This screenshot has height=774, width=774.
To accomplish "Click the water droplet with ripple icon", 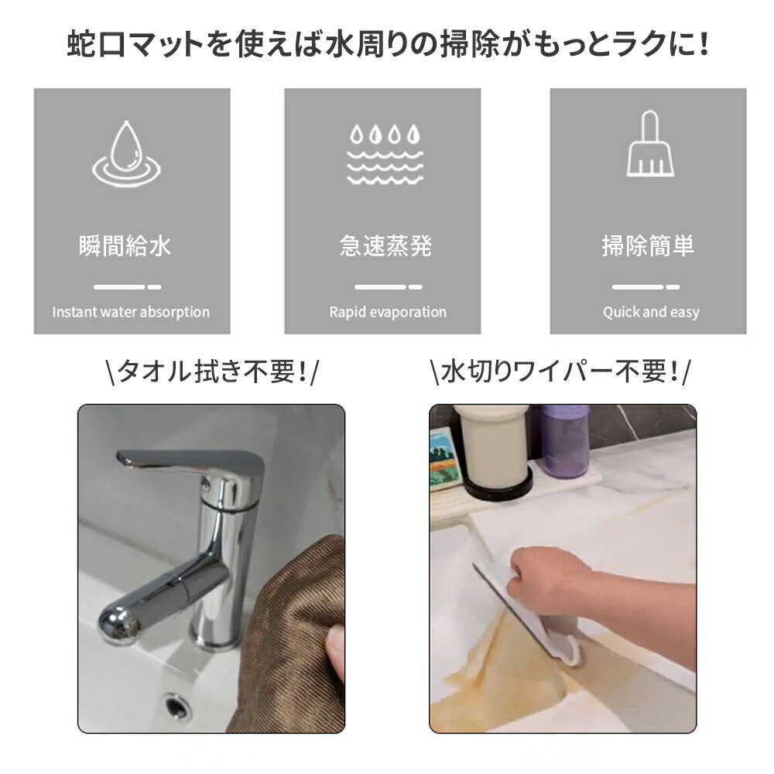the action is coord(126,155).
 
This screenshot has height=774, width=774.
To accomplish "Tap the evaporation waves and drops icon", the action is coord(385,155).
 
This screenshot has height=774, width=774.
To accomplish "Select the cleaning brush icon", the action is coord(650,144).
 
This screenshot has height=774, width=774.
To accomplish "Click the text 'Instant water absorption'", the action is coord(131,312).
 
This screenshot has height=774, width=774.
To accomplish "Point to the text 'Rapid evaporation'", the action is coord(388,312).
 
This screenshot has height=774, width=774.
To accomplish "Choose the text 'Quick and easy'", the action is coord(651,312).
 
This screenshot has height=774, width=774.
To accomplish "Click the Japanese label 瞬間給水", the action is coord(125,245).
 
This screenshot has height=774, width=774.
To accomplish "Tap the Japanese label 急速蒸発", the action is coord(386,245).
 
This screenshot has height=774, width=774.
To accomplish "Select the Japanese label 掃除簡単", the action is coord(648,245).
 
